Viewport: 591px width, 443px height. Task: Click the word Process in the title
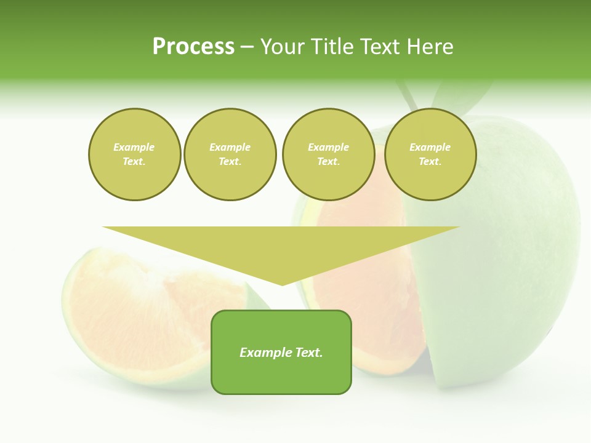[x=193, y=47]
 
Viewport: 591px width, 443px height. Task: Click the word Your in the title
[x=283, y=47]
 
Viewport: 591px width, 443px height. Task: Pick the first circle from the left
[x=135, y=154]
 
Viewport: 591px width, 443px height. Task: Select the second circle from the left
[x=230, y=154]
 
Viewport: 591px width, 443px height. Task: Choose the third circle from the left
[x=329, y=154]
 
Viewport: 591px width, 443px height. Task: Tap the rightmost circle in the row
[x=430, y=154]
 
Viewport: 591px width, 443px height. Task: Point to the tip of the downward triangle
[x=282, y=284]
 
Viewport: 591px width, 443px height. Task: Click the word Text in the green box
[x=307, y=353]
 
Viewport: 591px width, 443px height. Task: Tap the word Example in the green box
[x=265, y=353]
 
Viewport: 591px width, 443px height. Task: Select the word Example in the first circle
[x=134, y=147]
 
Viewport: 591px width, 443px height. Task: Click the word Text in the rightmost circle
[x=430, y=162]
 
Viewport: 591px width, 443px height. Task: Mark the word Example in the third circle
[x=328, y=147]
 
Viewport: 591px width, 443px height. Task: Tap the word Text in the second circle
[x=230, y=162]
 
